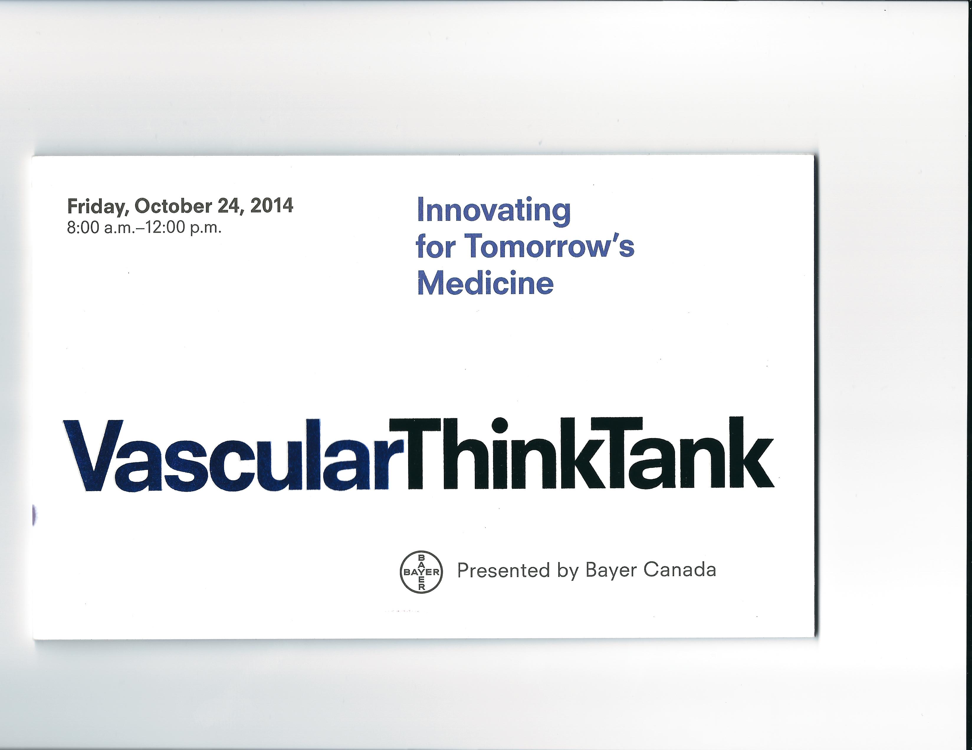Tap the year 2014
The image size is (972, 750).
(x=272, y=206)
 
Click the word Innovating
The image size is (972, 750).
(x=493, y=211)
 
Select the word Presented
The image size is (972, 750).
(x=503, y=570)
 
